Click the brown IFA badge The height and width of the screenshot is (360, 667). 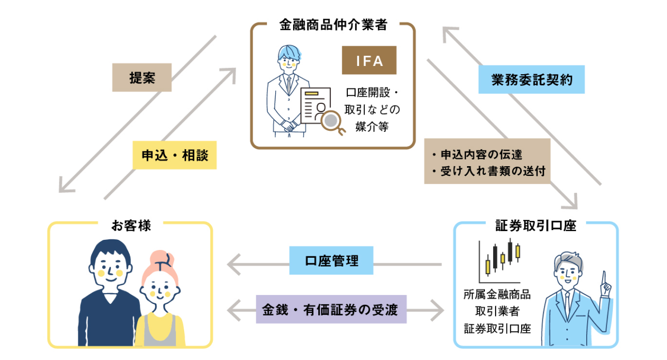[x=369, y=61]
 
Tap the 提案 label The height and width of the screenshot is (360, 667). [x=142, y=78]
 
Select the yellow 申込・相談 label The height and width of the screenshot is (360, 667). [x=174, y=155]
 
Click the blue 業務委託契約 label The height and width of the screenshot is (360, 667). [x=531, y=79]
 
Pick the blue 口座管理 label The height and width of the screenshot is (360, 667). [x=331, y=260]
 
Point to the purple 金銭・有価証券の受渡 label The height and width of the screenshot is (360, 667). [x=331, y=309]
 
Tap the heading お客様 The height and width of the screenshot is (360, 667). [x=130, y=225]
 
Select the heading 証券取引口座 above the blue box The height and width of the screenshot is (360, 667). [x=536, y=226]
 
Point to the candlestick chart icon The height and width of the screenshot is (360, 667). [x=501, y=260]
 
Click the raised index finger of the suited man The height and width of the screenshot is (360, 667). [x=604, y=278]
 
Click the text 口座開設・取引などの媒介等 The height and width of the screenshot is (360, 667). [x=372, y=110]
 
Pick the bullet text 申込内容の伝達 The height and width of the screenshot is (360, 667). [x=476, y=154]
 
